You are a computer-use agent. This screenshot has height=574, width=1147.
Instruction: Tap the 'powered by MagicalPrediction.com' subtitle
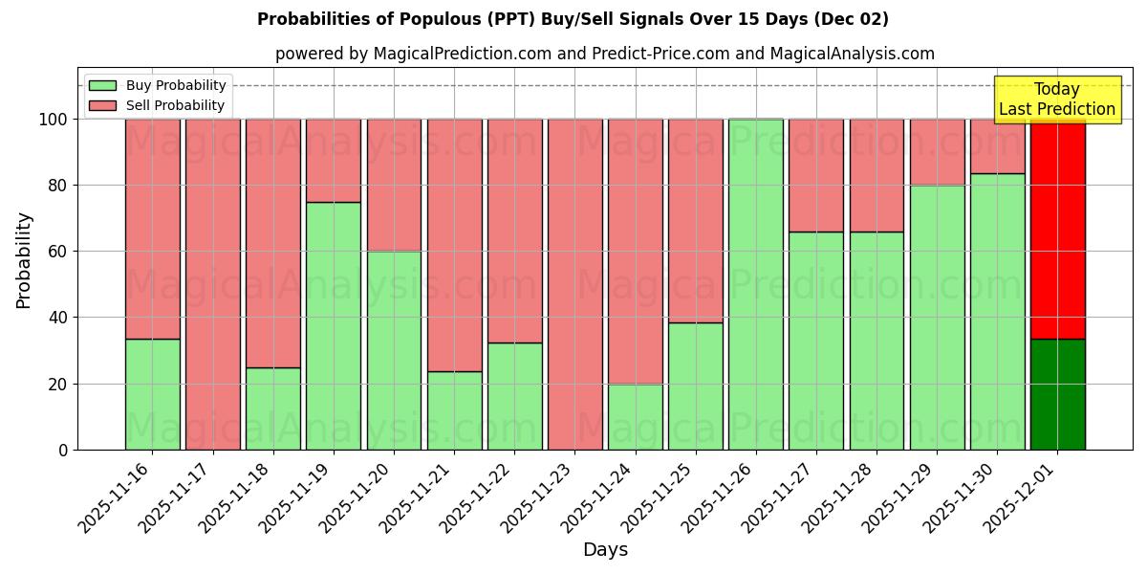coord(604,54)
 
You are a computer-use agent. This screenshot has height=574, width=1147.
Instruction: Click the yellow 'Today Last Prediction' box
coord(1057,99)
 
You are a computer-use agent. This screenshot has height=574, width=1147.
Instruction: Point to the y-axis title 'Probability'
coord(24,259)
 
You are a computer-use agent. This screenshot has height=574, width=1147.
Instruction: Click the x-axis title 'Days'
coord(605,550)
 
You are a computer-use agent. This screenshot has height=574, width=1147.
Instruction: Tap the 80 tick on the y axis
coord(59,186)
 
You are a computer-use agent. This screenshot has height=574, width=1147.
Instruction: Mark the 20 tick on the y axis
coord(59,384)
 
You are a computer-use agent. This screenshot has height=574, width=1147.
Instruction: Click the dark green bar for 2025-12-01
coord(1057,394)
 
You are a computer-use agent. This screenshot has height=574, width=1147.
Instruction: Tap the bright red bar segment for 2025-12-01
coord(1057,229)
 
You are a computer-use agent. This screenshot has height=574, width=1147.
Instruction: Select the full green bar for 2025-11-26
coord(755,284)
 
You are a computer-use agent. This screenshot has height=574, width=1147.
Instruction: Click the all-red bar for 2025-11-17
coord(212,284)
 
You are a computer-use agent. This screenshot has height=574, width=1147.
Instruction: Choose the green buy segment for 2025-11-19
coord(333,325)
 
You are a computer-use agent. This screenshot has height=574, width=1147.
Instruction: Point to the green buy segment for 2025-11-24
coord(635,416)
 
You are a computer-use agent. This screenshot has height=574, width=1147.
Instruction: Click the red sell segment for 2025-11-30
coord(997,146)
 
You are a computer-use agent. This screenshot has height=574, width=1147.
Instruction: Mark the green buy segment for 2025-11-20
coord(394,350)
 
